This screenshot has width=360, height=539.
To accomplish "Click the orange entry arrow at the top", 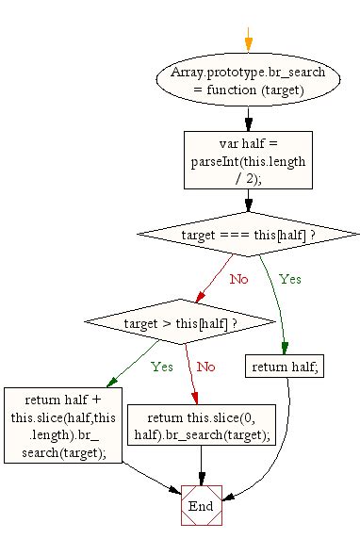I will pos(248,38).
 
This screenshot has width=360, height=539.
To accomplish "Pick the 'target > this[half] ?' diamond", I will pos(179,323).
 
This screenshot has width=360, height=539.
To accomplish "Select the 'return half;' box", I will pos(284,367).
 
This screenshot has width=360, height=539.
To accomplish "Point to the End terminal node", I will pos(200,506).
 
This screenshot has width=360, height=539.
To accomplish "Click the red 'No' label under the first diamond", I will pos(239,279).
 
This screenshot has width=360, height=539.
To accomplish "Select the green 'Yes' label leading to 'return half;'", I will pos(290,279).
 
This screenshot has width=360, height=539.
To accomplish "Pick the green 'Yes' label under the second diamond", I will pos(162,366).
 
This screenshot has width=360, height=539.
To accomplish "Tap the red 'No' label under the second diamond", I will pos(205,366).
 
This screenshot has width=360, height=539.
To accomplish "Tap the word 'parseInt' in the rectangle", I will pos(216,161).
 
